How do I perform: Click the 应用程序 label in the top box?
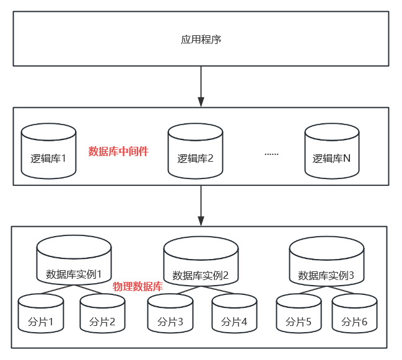(x=201, y=40)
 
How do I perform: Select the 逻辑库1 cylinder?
(x=48, y=152)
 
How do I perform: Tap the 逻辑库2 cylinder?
(x=195, y=152)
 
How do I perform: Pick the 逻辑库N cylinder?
(x=331, y=152)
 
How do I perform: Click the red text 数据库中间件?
(x=118, y=151)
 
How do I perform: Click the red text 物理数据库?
(x=138, y=287)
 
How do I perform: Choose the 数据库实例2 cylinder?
(x=201, y=263)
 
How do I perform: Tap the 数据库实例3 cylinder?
(x=326, y=263)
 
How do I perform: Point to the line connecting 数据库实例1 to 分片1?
(x=56, y=290)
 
